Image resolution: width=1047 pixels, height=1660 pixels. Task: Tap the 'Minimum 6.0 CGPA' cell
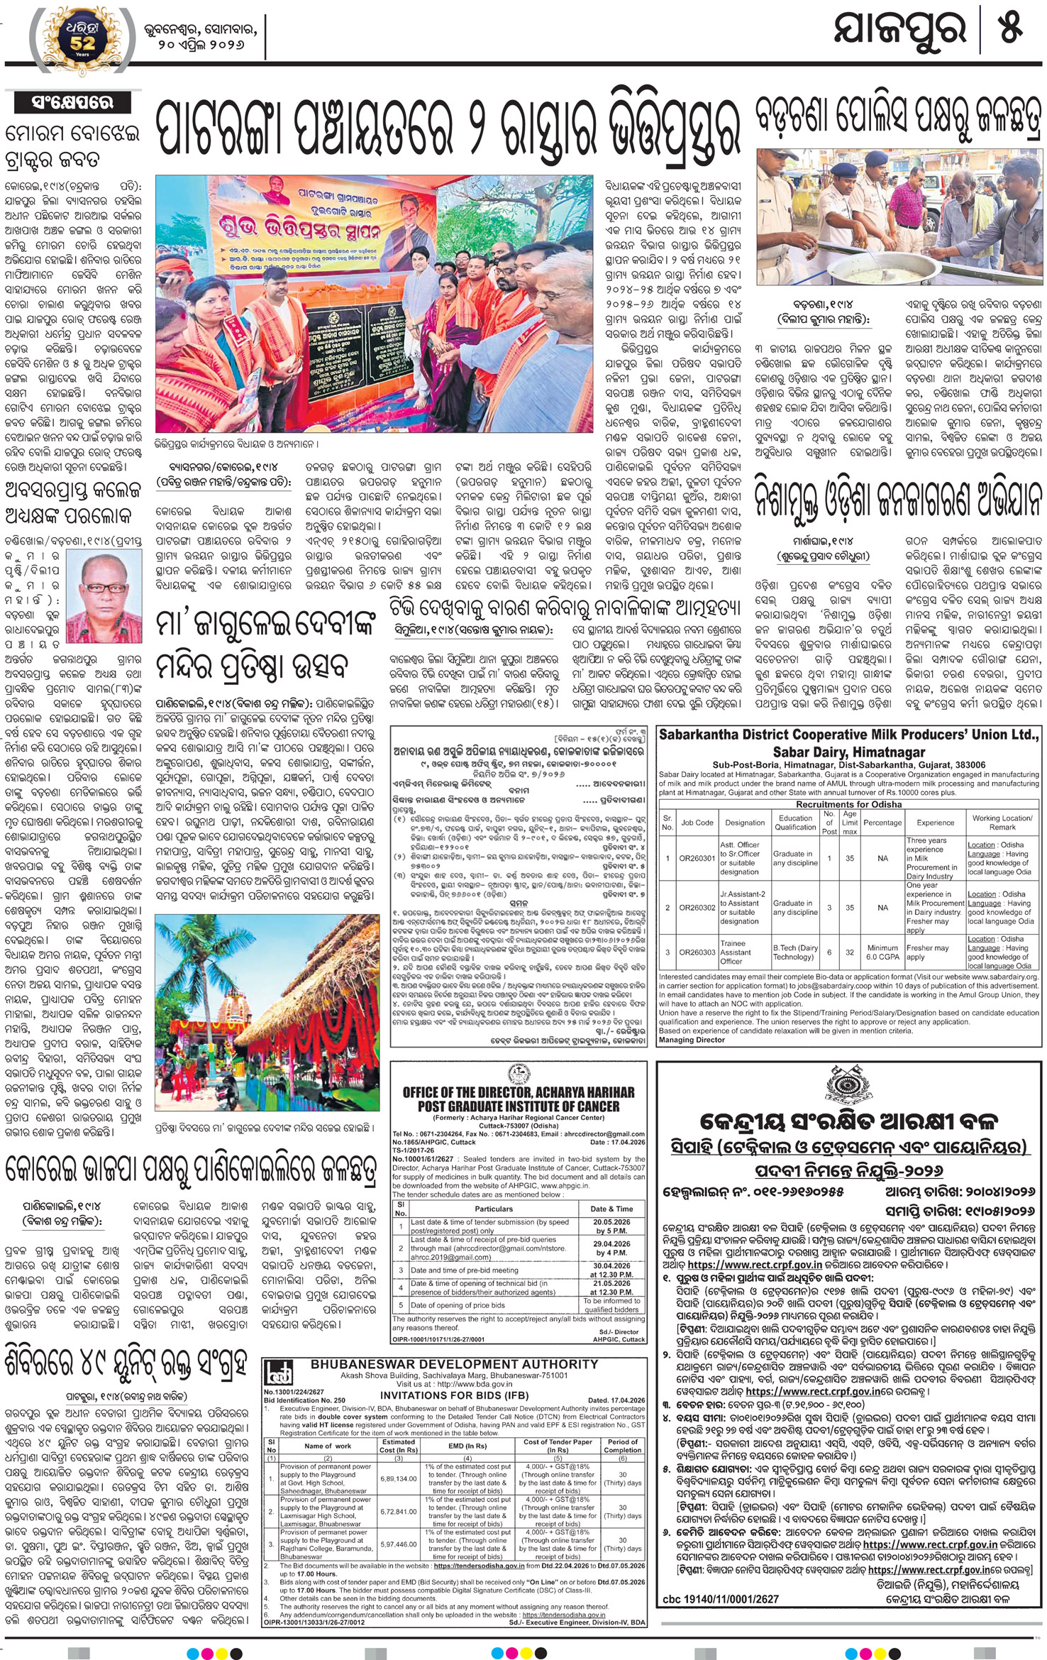[x=882, y=952]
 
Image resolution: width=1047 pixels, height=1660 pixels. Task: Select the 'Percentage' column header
[x=882, y=823]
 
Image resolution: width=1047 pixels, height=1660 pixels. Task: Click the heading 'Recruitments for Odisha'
[x=848, y=804]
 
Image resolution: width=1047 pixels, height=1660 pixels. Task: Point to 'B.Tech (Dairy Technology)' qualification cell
[x=794, y=952]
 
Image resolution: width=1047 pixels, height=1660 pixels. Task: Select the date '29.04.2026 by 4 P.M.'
[x=611, y=1248]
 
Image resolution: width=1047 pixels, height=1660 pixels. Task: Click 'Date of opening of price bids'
[x=458, y=1305]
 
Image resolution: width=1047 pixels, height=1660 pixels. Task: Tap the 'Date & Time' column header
[x=611, y=1209]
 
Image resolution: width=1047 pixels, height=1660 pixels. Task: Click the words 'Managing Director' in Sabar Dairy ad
[x=692, y=1040]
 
